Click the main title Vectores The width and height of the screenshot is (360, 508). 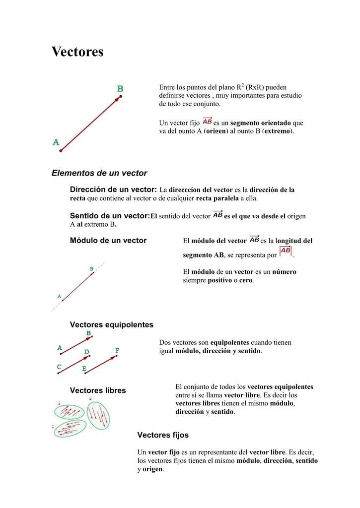(77, 52)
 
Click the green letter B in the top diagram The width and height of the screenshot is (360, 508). (120, 89)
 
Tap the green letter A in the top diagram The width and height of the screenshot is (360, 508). (56, 142)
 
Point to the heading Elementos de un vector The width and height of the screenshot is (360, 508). (99, 173)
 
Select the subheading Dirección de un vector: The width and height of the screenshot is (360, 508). (113, 190)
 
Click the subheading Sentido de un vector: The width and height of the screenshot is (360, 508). (110, 216)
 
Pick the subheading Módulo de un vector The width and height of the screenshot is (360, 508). (108, 241)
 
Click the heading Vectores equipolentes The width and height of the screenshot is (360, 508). (112, 324)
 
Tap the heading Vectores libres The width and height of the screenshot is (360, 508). (98, 390)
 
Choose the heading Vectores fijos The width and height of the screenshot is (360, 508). (163, 435)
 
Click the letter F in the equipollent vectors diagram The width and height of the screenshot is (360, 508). (118, 350)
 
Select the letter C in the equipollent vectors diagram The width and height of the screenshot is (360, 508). (59, 367)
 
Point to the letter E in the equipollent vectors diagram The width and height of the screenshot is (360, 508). (84, 369)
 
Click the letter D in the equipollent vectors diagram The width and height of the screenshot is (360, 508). (86, 352)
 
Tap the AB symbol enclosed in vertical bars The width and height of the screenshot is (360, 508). (286, 252)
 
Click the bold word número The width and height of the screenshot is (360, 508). (284, 272)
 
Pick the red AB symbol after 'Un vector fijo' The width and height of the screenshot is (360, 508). (207, 122)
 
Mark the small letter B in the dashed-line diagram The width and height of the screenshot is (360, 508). (91, 269)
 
